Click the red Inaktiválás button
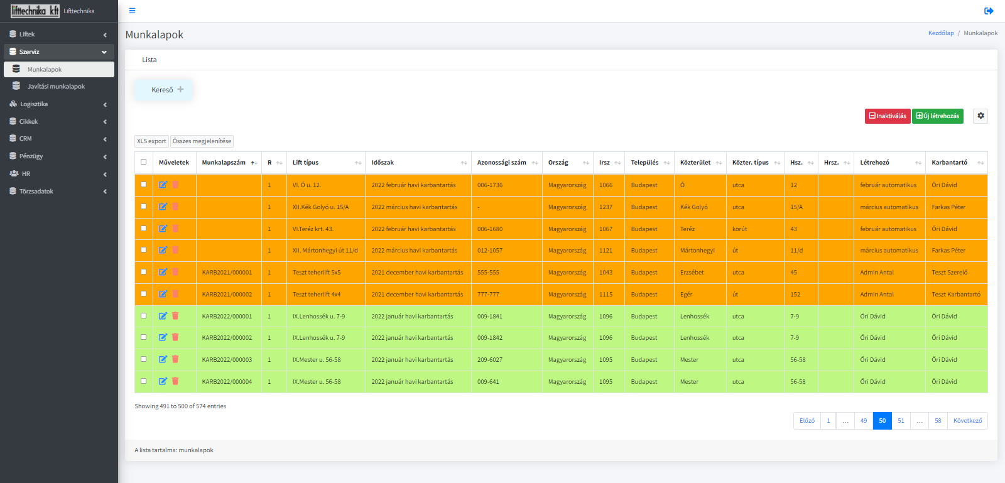click(x=888, y=116)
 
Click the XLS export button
click(x=151, y=141)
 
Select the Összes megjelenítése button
click(x=202, y=141)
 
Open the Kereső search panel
click(x=163, y=90)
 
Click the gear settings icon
click(x=981, y=116)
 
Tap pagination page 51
click(x=901, y=421)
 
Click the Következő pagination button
click(x=968, y=421)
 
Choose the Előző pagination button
click(x=807, y=421)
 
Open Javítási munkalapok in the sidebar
click(x=56, y=86)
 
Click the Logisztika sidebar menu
click(x=34, y=104)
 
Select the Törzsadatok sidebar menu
click(x=36, y=192)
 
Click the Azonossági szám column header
click(x=502, y=162)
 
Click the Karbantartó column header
click(x=949, y=162)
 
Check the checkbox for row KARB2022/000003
click(x=144, y=359)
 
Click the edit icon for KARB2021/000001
click(x=163, y=272)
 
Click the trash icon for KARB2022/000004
click(x=175, y=381)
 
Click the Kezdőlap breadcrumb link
click(x=941, y=33)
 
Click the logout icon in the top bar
click(x=989, y=11)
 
